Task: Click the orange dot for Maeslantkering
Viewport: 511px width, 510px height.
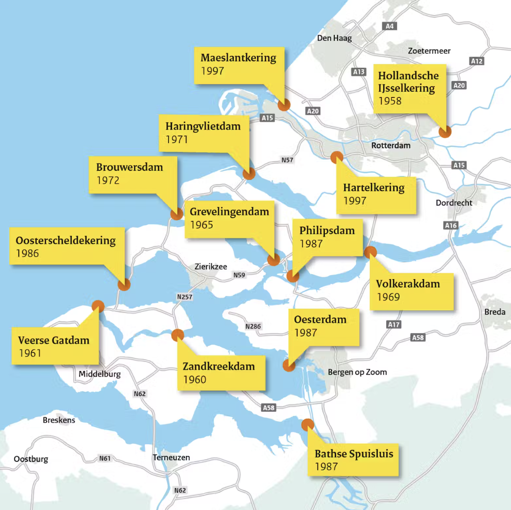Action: [x=284, y=105]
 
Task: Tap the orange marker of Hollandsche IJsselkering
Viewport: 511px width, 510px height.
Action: [x=445, y=131]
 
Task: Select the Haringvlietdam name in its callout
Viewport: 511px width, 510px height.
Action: [x=203, y=126]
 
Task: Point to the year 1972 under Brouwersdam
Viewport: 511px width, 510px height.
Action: [x=108, y=180]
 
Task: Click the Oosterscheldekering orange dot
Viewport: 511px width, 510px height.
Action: [x=124, y=284]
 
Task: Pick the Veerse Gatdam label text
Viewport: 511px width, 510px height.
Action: [x=54, y=340]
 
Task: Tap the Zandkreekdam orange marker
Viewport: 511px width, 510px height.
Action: [x=177, y=335]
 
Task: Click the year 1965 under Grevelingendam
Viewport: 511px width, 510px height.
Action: [x=201, y=225]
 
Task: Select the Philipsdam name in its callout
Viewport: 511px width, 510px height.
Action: [x=327, y=231]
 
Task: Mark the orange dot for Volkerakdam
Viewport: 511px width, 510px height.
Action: [x=370, y=252]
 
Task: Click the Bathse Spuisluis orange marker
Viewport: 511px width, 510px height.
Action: [x=308, y=424]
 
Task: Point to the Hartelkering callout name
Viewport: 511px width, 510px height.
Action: [x=374, y=188]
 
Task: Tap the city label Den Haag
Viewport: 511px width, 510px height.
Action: [x=334, y=38]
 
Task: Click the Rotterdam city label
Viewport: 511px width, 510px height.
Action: [x=391, y=146]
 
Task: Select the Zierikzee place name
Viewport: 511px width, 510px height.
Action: [x=211, y=267]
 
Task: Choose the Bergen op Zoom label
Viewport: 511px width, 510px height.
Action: [x=357, y=372]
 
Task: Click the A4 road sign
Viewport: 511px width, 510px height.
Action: [x=389, y=26]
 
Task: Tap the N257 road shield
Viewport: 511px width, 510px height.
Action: [x=185, y=297]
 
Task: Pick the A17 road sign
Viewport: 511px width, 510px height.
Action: [x=394, y=324]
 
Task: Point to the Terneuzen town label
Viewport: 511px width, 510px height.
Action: [x=171, y=457]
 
